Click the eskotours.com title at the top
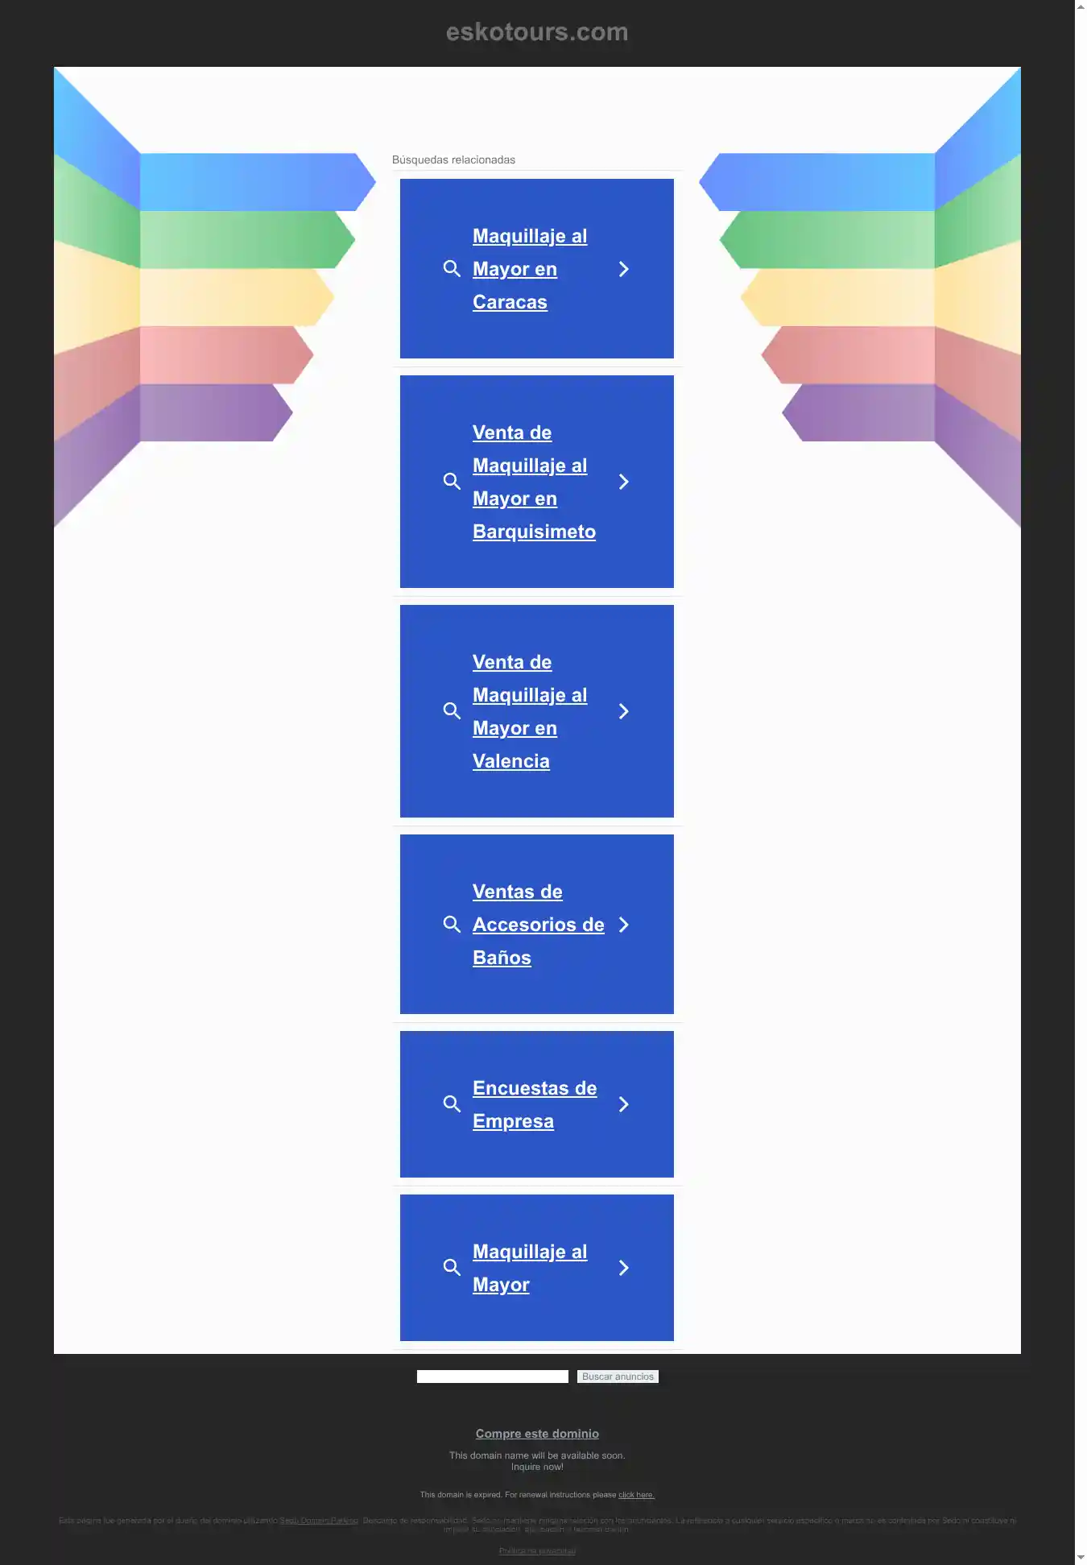coord(537,32)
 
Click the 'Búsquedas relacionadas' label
coord(453,159)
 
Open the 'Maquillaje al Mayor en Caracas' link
coord(529,269)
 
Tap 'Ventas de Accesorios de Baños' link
coord(537,925)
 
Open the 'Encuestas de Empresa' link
coord(534,1104)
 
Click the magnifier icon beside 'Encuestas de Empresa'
coord(452,1104)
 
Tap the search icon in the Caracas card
coord(452,269)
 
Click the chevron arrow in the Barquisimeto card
coord(623,482)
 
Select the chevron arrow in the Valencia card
coord(623,711)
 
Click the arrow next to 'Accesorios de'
coord(623,925)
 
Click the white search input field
coord(492,1377)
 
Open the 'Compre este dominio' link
coord(537,1434)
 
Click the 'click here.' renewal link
coord(636,1495)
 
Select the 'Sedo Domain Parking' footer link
coord(319,1521)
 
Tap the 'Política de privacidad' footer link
coord(537,1551)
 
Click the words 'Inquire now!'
coord(537,1467)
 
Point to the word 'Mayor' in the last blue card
coord(501,1285)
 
